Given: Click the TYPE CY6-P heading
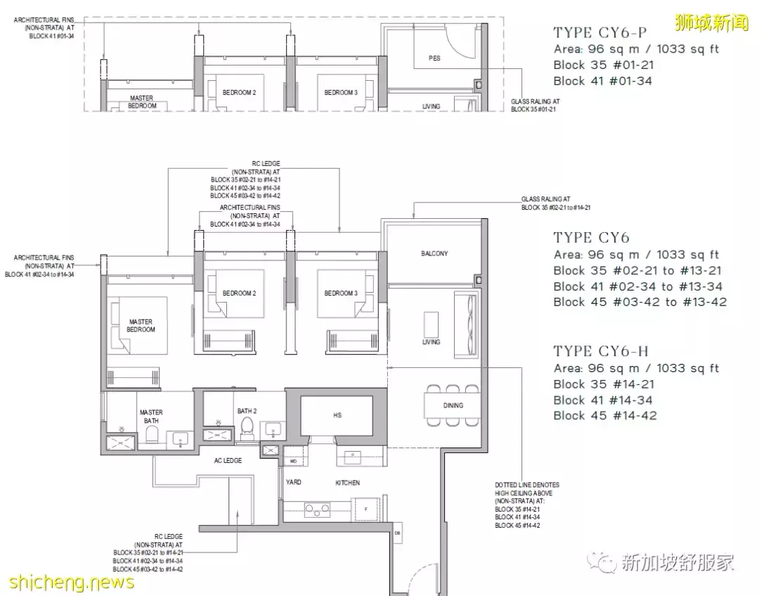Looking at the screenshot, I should click(600, 32).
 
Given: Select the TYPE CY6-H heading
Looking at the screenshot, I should click(602, 351).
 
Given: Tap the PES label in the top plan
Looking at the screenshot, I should click(434, 58).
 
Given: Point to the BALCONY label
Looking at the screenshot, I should click(434, 253).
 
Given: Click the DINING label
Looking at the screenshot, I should click(453, 405).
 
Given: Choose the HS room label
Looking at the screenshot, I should click(337, 415).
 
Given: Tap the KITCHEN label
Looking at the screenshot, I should click(347, 483).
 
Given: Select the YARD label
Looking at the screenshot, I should click(293, 483).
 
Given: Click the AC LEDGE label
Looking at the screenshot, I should click(228, 460).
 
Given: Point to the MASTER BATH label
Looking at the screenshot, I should click(151, 417).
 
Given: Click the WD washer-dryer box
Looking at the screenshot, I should click(293, 461).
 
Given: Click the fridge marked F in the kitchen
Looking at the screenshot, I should click(365, 508).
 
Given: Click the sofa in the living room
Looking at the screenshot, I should click(465, 324).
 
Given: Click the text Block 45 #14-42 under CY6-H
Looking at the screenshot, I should click(604, 416).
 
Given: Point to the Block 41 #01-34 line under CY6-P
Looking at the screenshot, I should click(602, 81).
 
